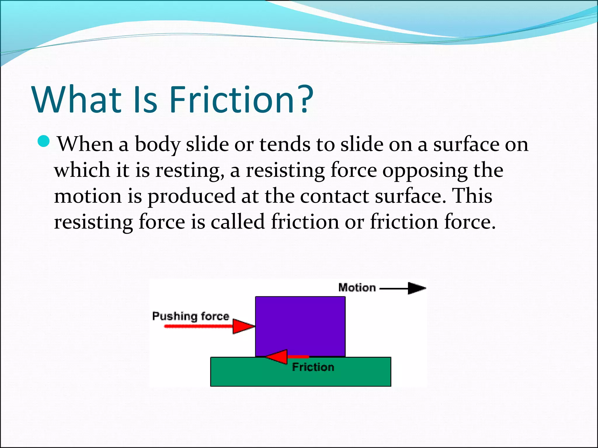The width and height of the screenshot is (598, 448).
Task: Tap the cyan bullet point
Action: click(x=44, y=141)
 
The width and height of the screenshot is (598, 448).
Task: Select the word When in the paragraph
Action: click(x=85, y=144)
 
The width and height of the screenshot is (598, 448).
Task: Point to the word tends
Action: click(x=285, y=144)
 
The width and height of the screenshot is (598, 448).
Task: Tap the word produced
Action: click(x=192, y=196)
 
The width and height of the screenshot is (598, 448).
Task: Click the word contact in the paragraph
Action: click(x=334, y=196)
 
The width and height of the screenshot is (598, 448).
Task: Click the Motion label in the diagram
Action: click(x=357, y=288)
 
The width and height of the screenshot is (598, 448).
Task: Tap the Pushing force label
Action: click(x=191, y=316)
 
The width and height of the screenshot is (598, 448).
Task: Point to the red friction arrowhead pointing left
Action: click(x=277, y=357)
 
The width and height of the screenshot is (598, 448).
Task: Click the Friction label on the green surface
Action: click(x=313, y=367)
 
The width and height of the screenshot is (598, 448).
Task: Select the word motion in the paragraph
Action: click(x=88, y=196)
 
